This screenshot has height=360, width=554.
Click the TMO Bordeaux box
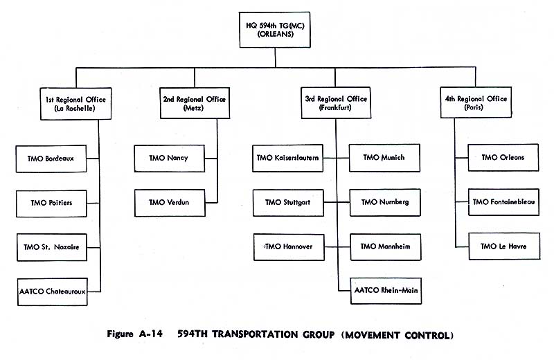52,159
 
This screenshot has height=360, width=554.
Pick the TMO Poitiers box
52,203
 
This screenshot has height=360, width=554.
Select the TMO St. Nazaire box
52,247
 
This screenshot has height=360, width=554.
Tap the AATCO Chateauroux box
52,291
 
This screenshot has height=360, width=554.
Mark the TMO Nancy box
168,158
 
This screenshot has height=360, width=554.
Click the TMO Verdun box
168,203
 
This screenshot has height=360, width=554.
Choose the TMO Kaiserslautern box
287,158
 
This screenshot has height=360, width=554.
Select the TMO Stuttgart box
287,203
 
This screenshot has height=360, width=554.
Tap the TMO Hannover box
287,247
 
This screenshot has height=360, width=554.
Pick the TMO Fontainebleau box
504,202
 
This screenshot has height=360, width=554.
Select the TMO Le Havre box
504,246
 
